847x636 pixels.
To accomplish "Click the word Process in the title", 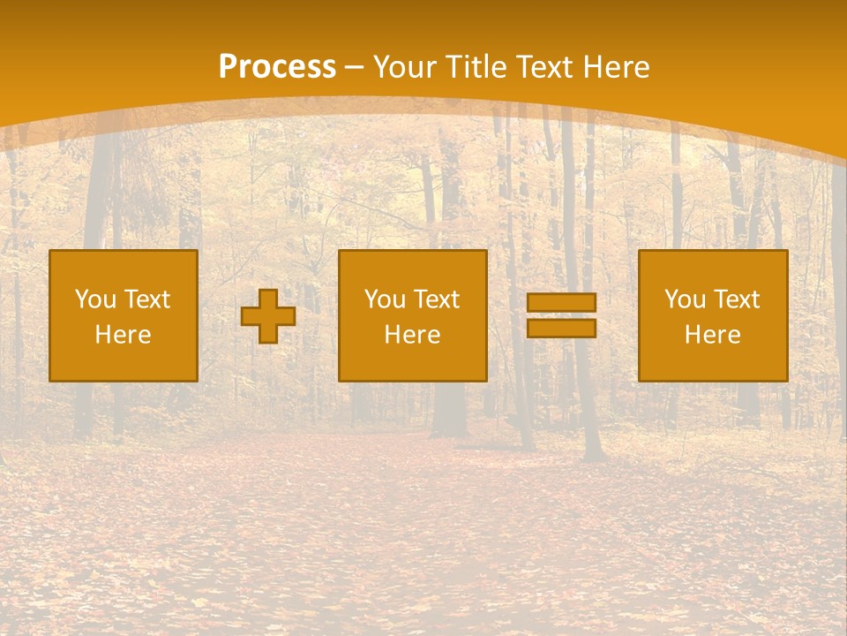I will (x=277, y=67).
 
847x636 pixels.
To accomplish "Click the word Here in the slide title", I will (x=618, y=67).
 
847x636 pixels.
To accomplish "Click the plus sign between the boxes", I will (x=268, y=316).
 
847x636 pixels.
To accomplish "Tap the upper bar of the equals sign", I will (x=561, y=303).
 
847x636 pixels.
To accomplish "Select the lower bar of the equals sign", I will (x=561, y=328).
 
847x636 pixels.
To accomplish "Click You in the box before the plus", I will (x=95, y=299).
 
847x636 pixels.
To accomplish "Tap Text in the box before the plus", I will (x=147, y=299).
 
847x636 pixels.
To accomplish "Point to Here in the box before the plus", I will (x=124, y=335).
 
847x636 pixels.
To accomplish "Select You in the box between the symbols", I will (x=385, y=299).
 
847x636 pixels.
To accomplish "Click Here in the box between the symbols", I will (x=413, y=335).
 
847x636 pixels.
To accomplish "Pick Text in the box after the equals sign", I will (x=737, y=299).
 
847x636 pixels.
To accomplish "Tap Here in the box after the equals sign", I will (x=713, y=335).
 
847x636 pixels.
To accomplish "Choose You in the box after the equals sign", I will (x=685, y=299).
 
